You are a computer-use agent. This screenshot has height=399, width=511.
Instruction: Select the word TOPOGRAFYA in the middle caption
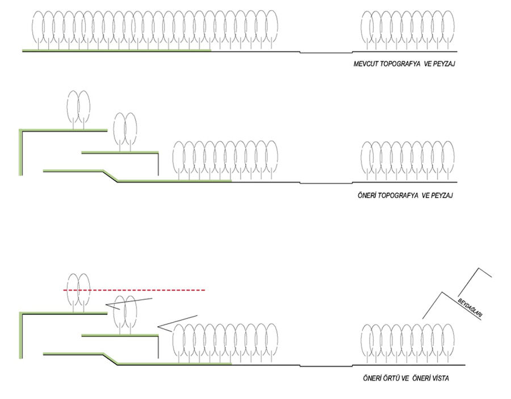[x=397, y=195]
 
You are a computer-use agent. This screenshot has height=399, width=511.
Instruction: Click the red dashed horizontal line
[x=136, y=290]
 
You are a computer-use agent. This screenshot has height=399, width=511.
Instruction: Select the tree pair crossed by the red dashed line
[x=78, y=291]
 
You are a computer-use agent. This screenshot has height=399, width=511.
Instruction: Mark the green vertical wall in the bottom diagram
[x=20, y=335]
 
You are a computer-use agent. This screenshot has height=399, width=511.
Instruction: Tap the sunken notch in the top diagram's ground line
[x=326, y=53]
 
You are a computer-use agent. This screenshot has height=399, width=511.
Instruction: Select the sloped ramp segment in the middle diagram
[x=110, y=176]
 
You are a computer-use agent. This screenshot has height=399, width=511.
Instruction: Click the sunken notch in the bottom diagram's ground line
[x=326, y=366]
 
